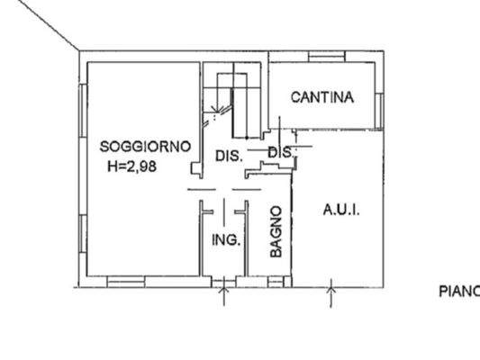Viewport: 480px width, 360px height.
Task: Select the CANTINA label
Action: click(322, 98)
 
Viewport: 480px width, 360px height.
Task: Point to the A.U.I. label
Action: click(341, 210)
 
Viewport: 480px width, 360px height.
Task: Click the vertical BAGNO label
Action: click(276, 232)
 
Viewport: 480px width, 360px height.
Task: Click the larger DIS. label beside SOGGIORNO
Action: click(229, 156)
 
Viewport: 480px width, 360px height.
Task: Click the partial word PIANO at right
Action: click(458, 291)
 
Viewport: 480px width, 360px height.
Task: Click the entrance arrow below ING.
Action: click(223, 295)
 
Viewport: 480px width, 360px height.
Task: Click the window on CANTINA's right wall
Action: click(380, 109)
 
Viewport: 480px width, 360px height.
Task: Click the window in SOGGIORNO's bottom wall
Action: click(126, 280)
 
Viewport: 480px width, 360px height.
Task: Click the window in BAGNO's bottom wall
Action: click(271, 280)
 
